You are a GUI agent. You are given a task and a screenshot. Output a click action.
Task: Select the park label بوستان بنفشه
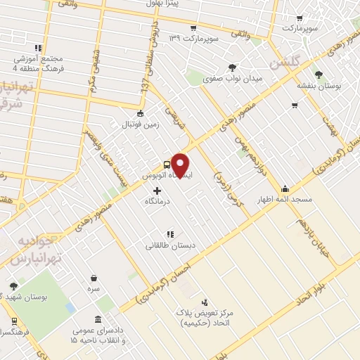318,85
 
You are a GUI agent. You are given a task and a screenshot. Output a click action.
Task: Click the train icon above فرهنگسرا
15,321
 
